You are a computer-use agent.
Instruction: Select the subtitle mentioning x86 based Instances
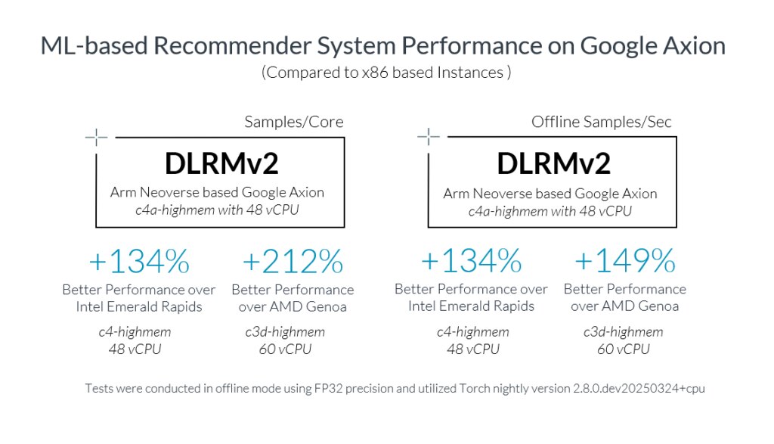(386, 73)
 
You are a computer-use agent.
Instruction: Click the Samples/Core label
(294, 122)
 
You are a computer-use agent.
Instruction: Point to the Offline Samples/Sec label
(602, 122)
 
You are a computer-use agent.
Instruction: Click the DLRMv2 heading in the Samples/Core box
(221, 163)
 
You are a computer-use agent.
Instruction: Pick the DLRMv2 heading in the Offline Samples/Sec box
(553, 163)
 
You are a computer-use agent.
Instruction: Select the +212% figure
(293, 262)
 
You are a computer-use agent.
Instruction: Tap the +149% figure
(624, 262)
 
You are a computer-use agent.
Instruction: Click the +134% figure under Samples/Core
(138, 262)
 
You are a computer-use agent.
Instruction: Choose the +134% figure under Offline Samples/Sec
(471, 262)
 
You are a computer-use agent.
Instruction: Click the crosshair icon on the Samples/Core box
(96, 137)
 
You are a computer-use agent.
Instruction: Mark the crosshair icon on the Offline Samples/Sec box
(429, 137)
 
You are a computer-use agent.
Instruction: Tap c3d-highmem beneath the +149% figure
(624, 332)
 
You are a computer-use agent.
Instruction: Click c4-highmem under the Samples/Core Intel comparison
(135, 332)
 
